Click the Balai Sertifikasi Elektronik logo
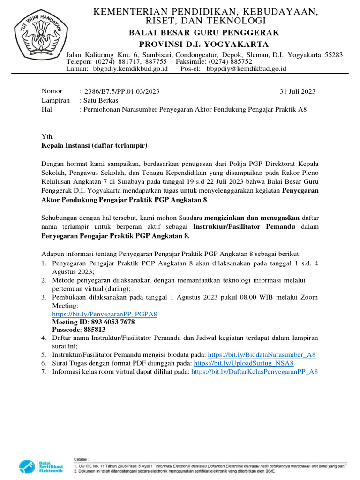click(41, 467)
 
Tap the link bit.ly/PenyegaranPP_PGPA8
click(104, 314)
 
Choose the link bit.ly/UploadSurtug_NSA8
click(243, 363)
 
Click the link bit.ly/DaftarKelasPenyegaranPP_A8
click(255, 372)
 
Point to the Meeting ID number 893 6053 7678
click(113, 322)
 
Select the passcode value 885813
click(95, 330)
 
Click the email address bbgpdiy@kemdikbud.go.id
click(246, 68)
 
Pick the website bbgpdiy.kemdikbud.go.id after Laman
click(130, 68)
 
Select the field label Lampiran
click(56, 100)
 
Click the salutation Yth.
click(48, 137)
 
